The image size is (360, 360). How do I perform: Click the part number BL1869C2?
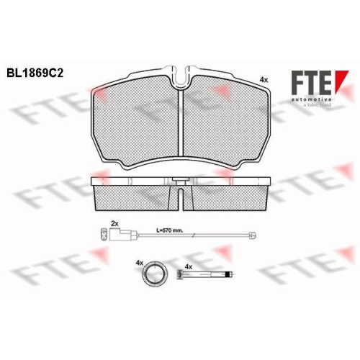(x=35, y=73)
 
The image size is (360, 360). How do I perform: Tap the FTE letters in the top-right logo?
(x=311, y=83)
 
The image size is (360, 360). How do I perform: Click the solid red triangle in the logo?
(x=341, y=79)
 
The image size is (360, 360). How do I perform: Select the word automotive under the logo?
(x=311, y=99)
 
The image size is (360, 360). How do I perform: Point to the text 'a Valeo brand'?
(x=317, y=105)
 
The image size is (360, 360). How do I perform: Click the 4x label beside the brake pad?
(x=264, y=80)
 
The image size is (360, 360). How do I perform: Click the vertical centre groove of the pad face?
(x=181, y=123)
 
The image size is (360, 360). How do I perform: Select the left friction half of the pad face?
(x=135, y=121)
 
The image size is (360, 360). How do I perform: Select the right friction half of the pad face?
(x=227, y=121)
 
